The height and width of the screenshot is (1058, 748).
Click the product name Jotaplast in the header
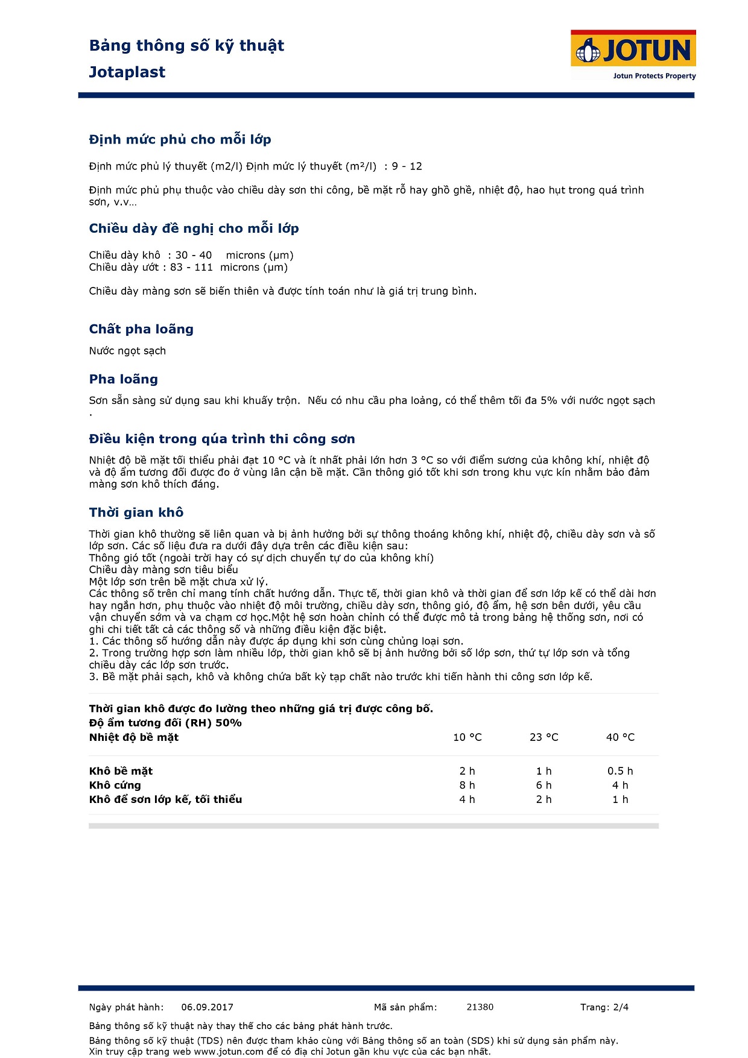coord(127,72)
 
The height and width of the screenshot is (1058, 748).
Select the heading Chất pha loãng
coord(141,329)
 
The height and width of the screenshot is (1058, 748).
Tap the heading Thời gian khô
coord(136,512)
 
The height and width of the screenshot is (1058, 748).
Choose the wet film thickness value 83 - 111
coord(191,267)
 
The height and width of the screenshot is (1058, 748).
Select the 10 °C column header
coord(468,737)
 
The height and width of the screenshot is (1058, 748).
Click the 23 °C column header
coord(544,737)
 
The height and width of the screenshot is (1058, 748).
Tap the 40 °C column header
coord(620,737)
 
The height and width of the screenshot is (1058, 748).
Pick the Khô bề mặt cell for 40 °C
coord(620,771)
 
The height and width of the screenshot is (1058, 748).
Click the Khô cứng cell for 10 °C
coord(468,785)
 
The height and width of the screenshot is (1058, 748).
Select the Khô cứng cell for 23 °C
coord(544,785)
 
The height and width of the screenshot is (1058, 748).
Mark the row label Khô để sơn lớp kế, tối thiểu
coord(165,799)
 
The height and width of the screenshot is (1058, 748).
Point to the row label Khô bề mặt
coord(121,771)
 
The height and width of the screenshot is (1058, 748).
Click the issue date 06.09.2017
coord(207,1007)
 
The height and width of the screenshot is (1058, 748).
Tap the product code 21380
coord(480,1007)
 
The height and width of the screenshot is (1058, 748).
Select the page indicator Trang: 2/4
coord(604,1007)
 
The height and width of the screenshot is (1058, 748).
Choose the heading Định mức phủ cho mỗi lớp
coord(180,140)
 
